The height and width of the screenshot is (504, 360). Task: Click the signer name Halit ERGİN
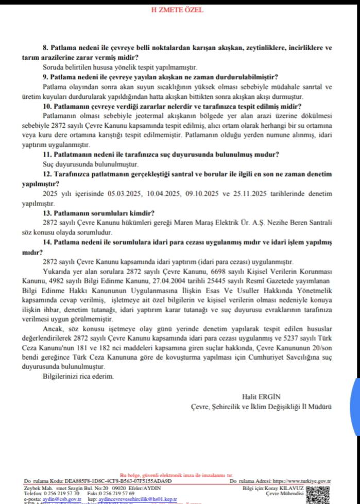pos(260,396)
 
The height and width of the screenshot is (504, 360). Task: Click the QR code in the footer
pos(316,493)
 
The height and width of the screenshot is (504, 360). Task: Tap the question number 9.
pos(46,77)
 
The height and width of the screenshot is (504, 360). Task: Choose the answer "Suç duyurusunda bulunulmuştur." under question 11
pos(91,164)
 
